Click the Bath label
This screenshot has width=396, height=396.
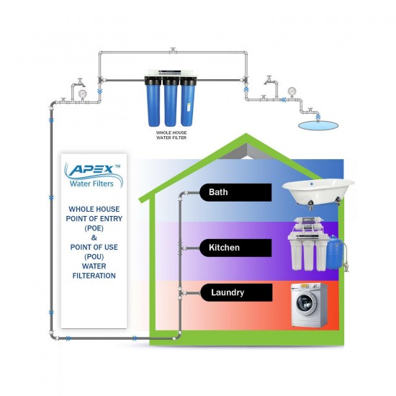pos(218,192)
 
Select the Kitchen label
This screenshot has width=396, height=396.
pos(224,247)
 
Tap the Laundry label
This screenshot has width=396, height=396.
pos(227,293)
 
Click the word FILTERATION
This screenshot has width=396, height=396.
pos(89,276)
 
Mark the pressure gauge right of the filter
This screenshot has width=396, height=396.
pos(291,91)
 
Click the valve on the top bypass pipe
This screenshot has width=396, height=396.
pos(172,50)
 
